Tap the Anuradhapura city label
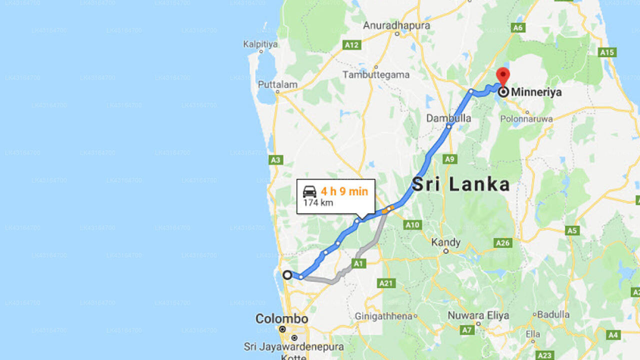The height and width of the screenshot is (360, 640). tap(396, 25)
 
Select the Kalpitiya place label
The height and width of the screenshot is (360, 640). tap(260, 44)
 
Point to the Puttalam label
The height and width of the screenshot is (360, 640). tap(277, 84)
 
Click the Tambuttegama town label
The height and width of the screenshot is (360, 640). tap(376, 74)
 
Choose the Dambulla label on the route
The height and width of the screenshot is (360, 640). tap(448, 118)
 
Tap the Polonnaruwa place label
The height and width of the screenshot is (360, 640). tap(527, 119)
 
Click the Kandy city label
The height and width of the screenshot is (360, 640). tap(445, 242)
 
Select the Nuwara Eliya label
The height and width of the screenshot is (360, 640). tap(478, 315)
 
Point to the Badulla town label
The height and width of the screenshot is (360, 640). tap(552, 314)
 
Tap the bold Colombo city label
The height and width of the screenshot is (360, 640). tap(281, 318)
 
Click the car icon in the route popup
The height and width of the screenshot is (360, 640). tap(310, 191)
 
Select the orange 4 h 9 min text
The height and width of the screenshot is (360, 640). tap(344, 191)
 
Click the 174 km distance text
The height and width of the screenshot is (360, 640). tap(318, 203)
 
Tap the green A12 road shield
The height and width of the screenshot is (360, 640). tap(351, 45)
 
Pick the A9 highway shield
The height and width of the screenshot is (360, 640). tap(450, 159)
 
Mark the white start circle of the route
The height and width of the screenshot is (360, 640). tap(287, 275)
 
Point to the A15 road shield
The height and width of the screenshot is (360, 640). tap(607, 52)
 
